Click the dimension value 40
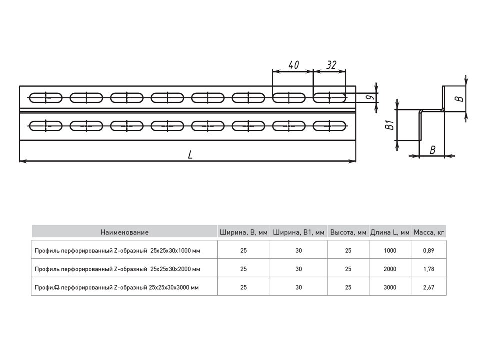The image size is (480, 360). click(293, 65)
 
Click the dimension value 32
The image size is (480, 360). click(331, 65)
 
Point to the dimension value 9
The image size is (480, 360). click(370, 97)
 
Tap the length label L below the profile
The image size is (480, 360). click(190, 155)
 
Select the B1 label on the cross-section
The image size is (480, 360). click(389, 125)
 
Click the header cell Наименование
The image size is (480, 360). click(125, 232)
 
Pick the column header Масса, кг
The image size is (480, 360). click(428, 232)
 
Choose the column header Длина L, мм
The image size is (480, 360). click(390, 232)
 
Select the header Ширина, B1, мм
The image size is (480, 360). click(299, 232)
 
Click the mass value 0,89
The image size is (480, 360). click(429, 250)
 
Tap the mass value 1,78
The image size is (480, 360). click(429, 269)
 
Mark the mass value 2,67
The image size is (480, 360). click(429, 287)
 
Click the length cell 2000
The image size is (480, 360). click(390, 269)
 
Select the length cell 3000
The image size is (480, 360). click(390, 287)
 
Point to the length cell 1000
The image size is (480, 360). click(390, 250)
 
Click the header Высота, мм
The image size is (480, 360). click(348, 232)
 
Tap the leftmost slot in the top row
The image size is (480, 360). click(46, 98)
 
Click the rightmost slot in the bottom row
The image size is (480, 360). click(329, 126)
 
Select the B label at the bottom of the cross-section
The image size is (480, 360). click(432, 150)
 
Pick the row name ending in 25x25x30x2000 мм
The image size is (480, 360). click(117, 269)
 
